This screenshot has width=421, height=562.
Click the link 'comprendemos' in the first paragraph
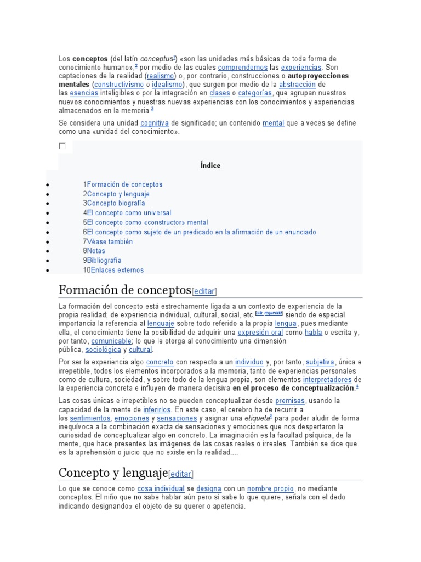(243, 67)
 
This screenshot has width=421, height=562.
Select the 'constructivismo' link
(119, 85)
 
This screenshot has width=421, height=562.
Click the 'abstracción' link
(297, 85)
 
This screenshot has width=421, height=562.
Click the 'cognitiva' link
(154, 123)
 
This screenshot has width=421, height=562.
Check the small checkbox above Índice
(62, 146)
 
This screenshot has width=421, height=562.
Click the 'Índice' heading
(210, 165)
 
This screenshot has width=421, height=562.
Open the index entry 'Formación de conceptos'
(124, 184)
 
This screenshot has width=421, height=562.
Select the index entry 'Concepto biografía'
(116, 204)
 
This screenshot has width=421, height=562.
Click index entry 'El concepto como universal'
(129, 213)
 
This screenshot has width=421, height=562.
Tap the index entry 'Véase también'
(110, 241)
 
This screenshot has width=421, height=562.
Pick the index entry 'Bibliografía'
(104, 261)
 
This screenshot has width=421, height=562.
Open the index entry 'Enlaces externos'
(115, 270)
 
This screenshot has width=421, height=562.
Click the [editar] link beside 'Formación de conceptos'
(205, 291)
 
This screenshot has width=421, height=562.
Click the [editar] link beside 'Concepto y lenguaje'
(181, 474)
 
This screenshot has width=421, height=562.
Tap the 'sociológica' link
(103, 350)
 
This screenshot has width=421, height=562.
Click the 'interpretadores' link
(327, 380)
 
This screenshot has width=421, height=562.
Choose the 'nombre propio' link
(271, 488)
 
